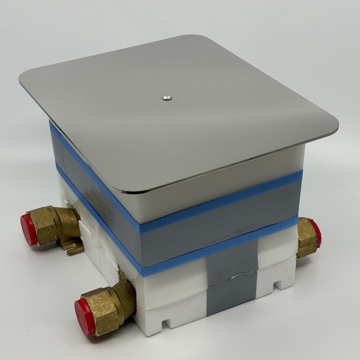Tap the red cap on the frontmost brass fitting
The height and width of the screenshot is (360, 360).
[x=85, y=316]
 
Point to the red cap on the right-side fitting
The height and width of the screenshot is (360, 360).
[x=315, y=233]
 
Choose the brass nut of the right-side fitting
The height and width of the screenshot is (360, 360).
[x=305, y=237]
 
